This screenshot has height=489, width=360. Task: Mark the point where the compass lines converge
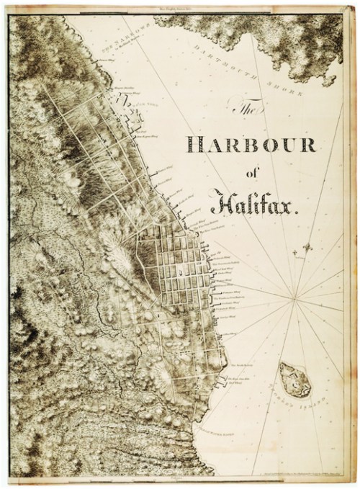(294, 295)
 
